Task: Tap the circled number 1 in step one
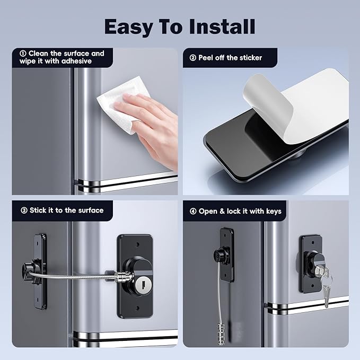click(x=23, y=54)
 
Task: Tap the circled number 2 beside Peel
click(x=193, y=57)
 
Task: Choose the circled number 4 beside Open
click(x=193, y=211)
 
